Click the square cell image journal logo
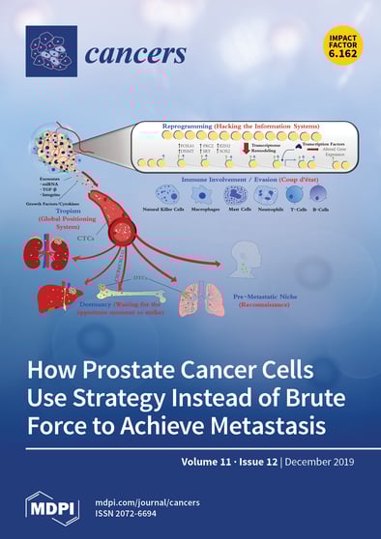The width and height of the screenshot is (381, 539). coord(50,50)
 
